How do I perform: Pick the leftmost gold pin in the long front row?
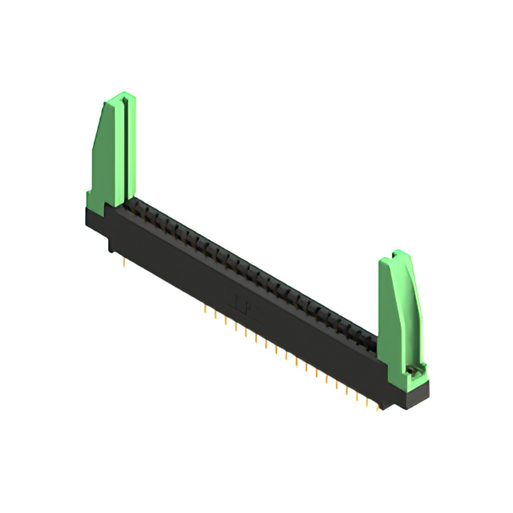[x=207, y=309]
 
